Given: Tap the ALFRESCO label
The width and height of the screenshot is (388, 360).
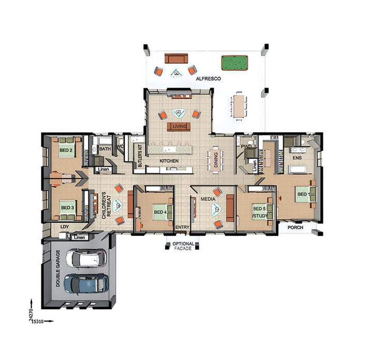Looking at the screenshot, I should tap(208, 79).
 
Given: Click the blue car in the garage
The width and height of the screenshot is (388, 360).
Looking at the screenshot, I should tap(85, 283).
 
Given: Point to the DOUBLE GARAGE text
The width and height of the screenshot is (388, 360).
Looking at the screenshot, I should tap(58, 269).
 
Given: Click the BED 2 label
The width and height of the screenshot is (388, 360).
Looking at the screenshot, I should tap(66, 151).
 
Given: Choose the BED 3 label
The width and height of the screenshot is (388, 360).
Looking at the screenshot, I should tap(68, 208).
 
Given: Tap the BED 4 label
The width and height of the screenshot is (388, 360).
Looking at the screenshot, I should tap(160, 211).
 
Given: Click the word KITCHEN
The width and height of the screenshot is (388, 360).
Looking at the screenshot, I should tap(169, 161).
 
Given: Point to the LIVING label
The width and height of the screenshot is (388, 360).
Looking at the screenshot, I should tap(180, 126).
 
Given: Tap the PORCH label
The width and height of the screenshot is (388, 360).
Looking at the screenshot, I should tap(295, 227).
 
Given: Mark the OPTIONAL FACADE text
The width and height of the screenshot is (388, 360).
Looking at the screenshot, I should tap(183, 246).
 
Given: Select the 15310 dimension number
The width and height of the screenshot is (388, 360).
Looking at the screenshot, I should tap(37, 321).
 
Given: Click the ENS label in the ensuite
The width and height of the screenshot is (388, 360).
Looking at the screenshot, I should tap(297, 156).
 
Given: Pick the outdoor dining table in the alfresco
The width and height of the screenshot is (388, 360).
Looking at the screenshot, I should tap(238, 105).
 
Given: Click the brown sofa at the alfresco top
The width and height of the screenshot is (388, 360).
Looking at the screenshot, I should tap(175, 58).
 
